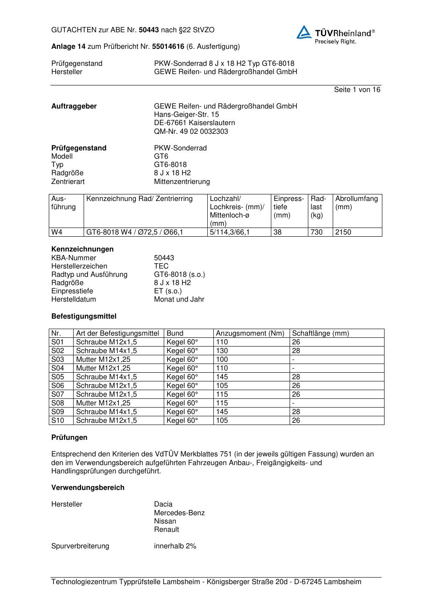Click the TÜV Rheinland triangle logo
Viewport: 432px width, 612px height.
pyautogui.click(x=304, y=32)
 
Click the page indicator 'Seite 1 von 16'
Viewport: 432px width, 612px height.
pyautogui.click(x=357, y=90)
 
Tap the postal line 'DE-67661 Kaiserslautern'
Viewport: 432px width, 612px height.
pyautogui.click(x=194, y=123)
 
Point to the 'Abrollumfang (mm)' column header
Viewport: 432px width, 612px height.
pyautogui.click(x=356, y=203)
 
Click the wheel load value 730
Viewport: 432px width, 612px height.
pyautogui.click(x=317, y=232)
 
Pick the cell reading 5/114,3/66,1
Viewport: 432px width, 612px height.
pyautogui.click(x=230, y=232)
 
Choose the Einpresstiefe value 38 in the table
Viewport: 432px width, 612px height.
pyautogui.click(x=278, y=232)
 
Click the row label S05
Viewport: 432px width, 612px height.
pyautogui.click(x=57, y=377)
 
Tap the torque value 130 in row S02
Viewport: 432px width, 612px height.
pyautogui.click(x=222, y=351)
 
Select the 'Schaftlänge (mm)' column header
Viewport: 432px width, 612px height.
pyautogui.click(x=321, y=333)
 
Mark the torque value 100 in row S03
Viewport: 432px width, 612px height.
pyautogui.click(x=222, y=360)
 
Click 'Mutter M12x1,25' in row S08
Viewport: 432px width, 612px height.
pyautogui.click(x=103, y=403)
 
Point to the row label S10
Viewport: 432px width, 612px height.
pyautogui.click(x=57, y=421)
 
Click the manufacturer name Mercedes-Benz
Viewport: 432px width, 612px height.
pyautogui.click(x=179, y=513)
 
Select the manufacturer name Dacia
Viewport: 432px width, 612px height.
pyautogui.click(x=163, y=504)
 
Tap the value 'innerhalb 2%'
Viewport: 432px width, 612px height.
pyautogui.click(x=175, y=546)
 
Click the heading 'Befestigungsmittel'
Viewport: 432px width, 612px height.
pyautogui.click(x=84, y=316)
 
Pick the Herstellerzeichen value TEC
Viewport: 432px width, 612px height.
pyautogui.click(x=161, y=266)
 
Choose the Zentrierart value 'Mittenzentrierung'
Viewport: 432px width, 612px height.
pyautogui.click(x=182, y=182)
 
